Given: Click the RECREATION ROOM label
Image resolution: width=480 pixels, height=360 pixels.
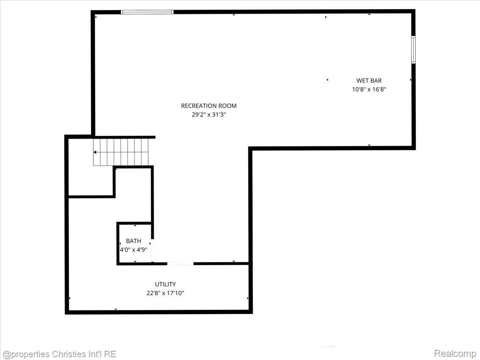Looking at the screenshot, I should click(x=209, y=106).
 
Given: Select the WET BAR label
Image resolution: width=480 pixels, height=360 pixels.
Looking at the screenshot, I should click(x=369, y=81).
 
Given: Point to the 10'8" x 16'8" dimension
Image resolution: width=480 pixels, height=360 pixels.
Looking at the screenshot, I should click(x=369, y=90).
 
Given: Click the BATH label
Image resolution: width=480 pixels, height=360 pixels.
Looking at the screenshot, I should click(x=134, y=241).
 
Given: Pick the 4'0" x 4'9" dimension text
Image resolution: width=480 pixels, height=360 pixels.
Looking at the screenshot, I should click(x=134, y=250).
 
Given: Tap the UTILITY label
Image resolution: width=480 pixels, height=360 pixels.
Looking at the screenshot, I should click(x=165, y=284).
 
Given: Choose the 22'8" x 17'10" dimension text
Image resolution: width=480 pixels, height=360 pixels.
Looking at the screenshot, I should click(x=165, y=293).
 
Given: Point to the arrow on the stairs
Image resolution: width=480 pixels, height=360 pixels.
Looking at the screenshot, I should click(x=95, y=152).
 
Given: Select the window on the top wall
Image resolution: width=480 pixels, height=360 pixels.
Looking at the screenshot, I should click(x=147, y=12).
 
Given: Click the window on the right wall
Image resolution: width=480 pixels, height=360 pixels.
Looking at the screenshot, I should click(x=413, y=50).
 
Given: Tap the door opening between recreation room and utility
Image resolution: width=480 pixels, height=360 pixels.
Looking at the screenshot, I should click(x=180, y=264).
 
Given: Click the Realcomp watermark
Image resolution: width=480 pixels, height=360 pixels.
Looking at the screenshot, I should click(x=455, y=354).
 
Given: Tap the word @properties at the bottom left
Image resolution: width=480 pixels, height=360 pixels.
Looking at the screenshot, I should click(x=26, y=354).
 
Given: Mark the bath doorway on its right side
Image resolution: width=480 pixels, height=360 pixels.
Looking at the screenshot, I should click(x=152, y=250).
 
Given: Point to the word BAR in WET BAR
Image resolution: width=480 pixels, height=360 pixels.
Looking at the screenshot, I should click(x=376, y=81).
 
